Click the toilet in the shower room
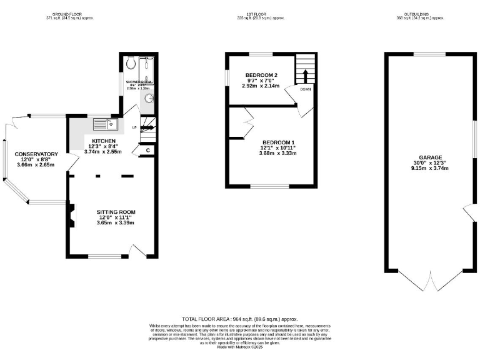(x=130, y=64)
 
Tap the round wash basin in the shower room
(x=148, y=97)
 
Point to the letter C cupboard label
(x=147, y=150)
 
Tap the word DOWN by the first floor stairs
(x=305, y=89)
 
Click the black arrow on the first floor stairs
(x=306, y=75)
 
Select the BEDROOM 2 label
(x=261, y=75)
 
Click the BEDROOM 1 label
(x=279, y=141)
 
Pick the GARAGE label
(x=431, y=157)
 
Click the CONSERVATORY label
(x=36, y=154)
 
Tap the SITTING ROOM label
(x=116, y=211)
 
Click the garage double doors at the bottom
(x=431, y=281)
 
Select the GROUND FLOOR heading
(x=69, y=12)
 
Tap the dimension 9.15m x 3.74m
(x=431, y=168)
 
